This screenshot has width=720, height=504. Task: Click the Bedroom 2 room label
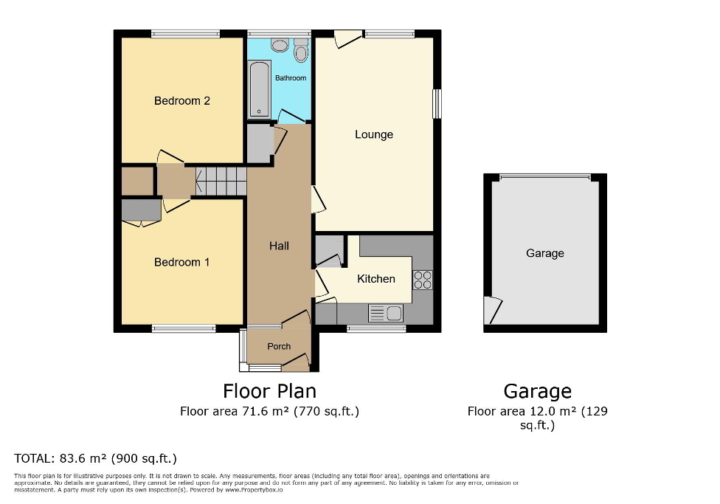(181, 100)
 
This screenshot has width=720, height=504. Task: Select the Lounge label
(374, 134)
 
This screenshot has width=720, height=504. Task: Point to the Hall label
(279, 246)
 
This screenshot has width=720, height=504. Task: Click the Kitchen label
(376, 279)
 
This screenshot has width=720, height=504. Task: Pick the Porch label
(279, 346)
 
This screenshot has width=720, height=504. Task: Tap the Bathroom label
(290, 77)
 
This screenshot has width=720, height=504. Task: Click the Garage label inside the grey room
(545, 253)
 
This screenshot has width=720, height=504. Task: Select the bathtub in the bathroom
(259, 89)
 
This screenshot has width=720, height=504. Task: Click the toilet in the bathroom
(300, 51)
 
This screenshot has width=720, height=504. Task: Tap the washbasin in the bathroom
(280, 46)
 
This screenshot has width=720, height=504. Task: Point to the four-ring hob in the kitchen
(423, 280)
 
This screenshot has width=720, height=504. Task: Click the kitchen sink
(385, 314)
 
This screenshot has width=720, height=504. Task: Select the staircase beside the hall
(221, 181)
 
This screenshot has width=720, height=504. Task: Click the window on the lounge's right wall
(437, 103)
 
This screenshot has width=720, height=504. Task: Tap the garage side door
(493, 310)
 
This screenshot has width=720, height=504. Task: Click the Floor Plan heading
(269, 390)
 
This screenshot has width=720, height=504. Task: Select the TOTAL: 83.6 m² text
(96, 458)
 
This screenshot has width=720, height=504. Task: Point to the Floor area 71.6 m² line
(269, 412)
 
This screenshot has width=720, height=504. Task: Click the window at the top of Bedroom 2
(185, 33)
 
